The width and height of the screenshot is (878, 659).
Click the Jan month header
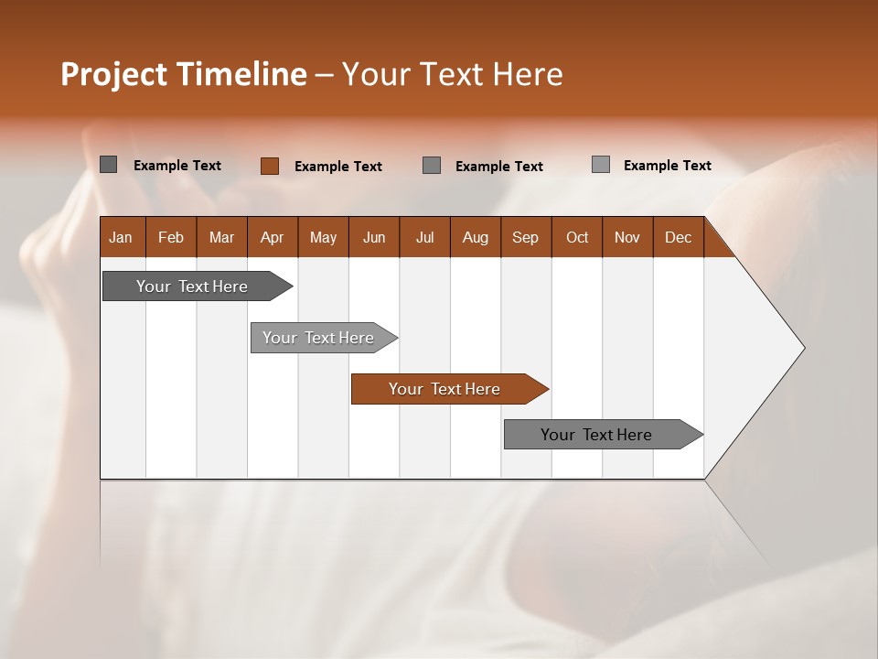point(121,237)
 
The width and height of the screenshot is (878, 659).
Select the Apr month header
point(273,237)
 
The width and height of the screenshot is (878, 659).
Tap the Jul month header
point(424,237)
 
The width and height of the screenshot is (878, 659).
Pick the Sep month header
point(525,237)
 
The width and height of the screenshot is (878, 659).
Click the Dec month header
point(678,237)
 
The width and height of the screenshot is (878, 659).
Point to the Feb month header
point(171,237)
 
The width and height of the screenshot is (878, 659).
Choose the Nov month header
point(626,237)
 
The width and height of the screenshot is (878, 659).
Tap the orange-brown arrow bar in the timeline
point(445,389)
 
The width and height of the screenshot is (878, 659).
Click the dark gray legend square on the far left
point(108,165)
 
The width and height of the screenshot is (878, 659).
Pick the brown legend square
point(269,166)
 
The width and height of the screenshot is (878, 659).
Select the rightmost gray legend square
point(600,165)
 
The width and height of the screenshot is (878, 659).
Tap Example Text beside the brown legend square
point(337,167)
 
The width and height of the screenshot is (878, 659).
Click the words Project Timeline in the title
point(183,74)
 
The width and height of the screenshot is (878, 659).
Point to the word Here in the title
point(528,74)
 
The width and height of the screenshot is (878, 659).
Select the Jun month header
point(374,237)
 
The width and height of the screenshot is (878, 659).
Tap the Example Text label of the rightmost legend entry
point(667,166)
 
